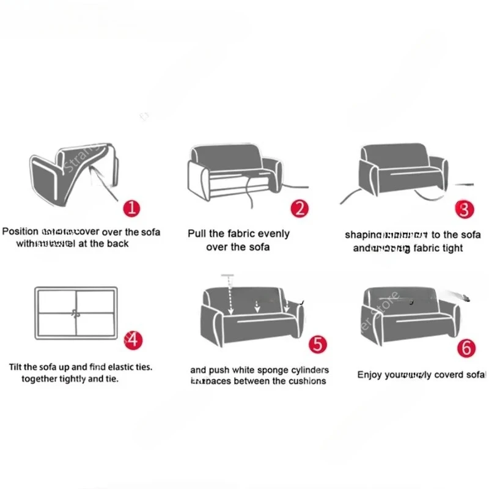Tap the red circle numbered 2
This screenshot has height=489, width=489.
point(300,209)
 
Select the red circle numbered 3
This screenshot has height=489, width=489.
point(465,209)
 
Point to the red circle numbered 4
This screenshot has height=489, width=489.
point(133,340)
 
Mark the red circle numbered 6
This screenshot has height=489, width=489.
point(466,348)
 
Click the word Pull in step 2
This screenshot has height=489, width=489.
point(199,233)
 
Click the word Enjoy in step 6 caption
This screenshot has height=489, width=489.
point(370,374)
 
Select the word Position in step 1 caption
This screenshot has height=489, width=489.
point(21,232)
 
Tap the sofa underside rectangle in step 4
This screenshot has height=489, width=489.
point(76,312)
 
